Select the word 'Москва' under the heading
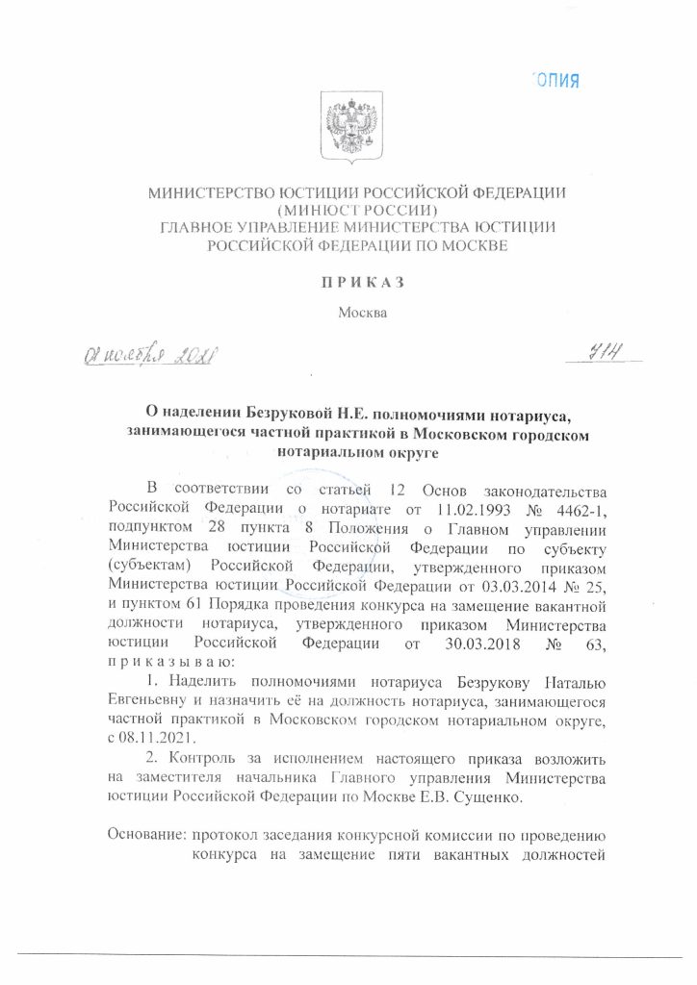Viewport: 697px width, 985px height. tap(362, 313)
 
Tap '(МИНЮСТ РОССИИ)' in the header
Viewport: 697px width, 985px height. tap(356, 211)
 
